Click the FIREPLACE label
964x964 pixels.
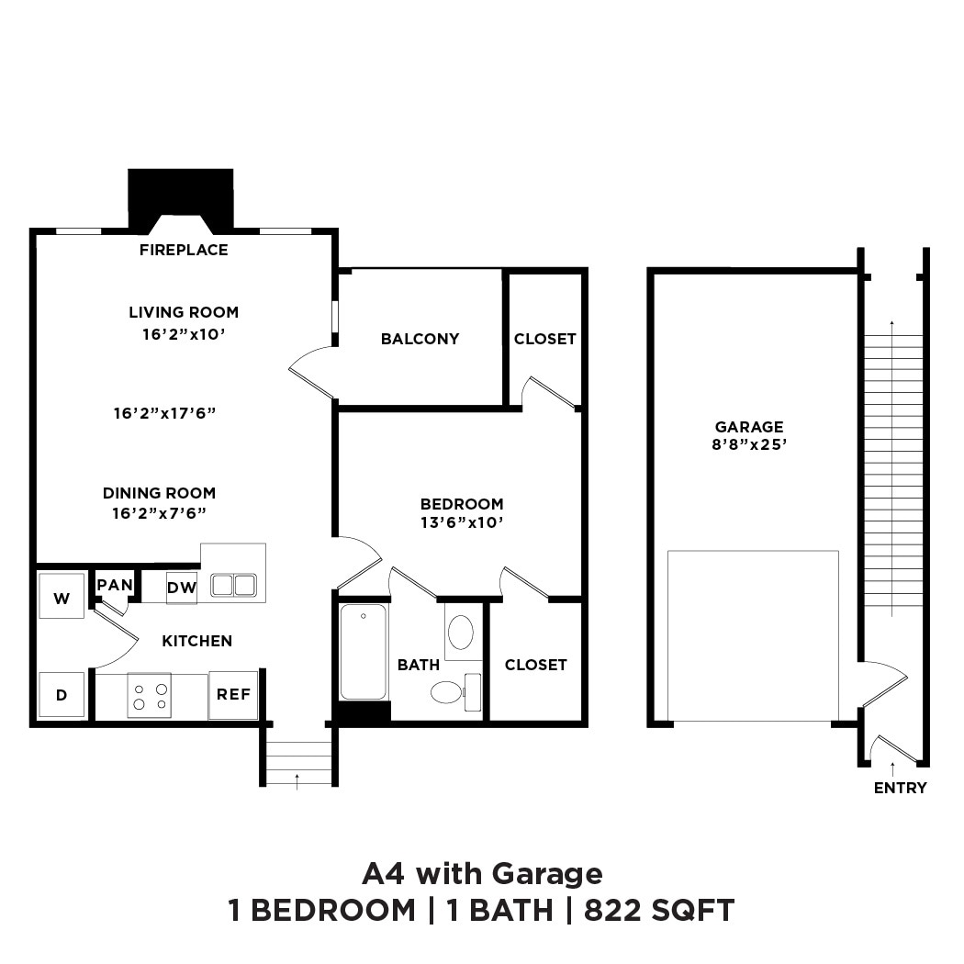[184, 250]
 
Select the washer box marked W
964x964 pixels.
[62, 599]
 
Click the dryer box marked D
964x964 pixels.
[62, 695]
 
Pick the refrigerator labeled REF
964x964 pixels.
[233, 694]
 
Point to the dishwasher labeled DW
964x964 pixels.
[182, 588]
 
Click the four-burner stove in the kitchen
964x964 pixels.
[149, 695]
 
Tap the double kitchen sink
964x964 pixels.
[233, 585]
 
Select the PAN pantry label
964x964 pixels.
[115, 585]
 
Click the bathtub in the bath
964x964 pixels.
[364, 651]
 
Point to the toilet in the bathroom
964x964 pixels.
[448, 691]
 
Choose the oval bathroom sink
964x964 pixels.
[460, 633]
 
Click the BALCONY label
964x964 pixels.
[420, 339]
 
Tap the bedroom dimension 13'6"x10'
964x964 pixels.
[462, 522]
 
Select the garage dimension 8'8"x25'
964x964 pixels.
[750, 445]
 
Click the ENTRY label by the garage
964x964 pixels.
[900, 788]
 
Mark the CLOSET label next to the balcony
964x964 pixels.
[544, 339]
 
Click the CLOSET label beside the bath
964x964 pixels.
[535, 665]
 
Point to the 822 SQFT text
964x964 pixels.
[659, 910]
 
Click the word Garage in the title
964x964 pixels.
[547, 872]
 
